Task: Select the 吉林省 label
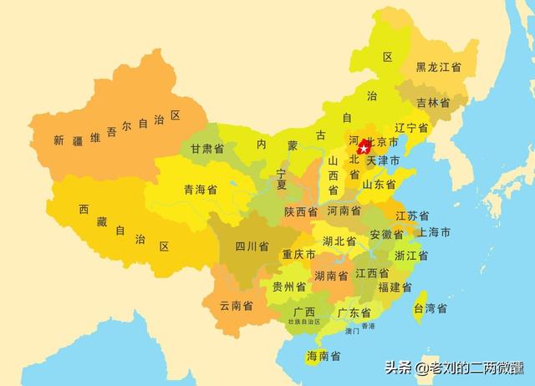(x=433, y=103)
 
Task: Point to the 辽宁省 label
(x=411, y=128)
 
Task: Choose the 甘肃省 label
(x=206, y=148)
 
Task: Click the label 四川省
(x=252, y=246)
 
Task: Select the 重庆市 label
(x=298, y=254)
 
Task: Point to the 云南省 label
(x=237, y=306)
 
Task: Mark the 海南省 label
(x=324, y=356)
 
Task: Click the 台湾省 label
(x=431, y=308)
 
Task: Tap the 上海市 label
(x=435, y=231)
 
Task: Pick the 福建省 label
(x=395, y=287)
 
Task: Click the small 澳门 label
(x=352, y=331)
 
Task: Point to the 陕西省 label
(x=300, y=211)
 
